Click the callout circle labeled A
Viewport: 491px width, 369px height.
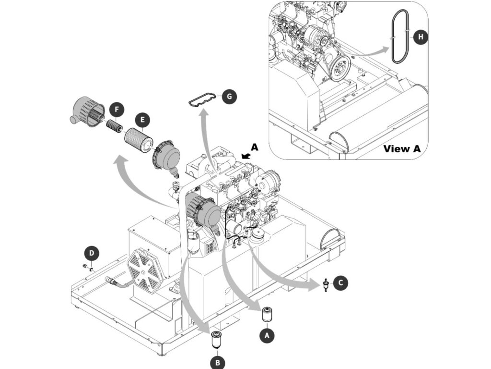click(267, 335)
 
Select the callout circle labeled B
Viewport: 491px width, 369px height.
click(218, 363)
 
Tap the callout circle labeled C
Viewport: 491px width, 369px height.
click(340, 283)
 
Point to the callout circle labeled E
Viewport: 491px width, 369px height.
click(142, 120)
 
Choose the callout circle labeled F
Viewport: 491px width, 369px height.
click(117, 110)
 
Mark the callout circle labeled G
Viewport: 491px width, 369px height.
click(229, 97)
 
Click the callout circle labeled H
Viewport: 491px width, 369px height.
click(421, 37)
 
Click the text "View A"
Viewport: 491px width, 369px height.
click(402, 148)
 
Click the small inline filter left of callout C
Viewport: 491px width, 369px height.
click(326, 285)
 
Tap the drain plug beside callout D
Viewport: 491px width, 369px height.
click(87, 268)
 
